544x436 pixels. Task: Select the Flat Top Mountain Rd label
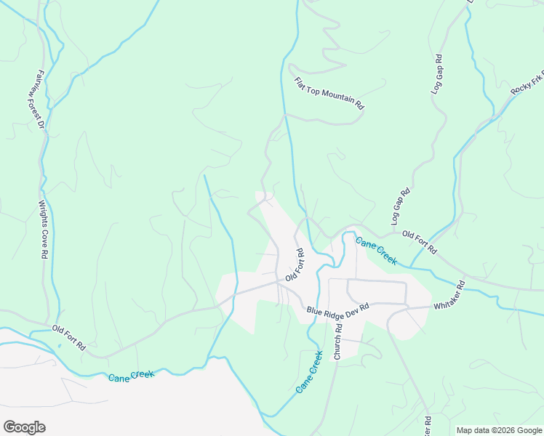[329, 93]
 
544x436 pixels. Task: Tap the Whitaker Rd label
[449, 297]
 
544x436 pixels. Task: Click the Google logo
[24, 427]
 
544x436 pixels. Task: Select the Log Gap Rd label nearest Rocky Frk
[437, 74]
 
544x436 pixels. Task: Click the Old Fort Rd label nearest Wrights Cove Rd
[68, 339]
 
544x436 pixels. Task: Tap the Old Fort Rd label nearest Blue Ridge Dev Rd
[295, 265]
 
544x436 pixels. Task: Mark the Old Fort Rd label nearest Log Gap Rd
[419, 242]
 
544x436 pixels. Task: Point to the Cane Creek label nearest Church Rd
[309, 373]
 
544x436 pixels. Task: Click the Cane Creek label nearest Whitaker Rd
[375, 249]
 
